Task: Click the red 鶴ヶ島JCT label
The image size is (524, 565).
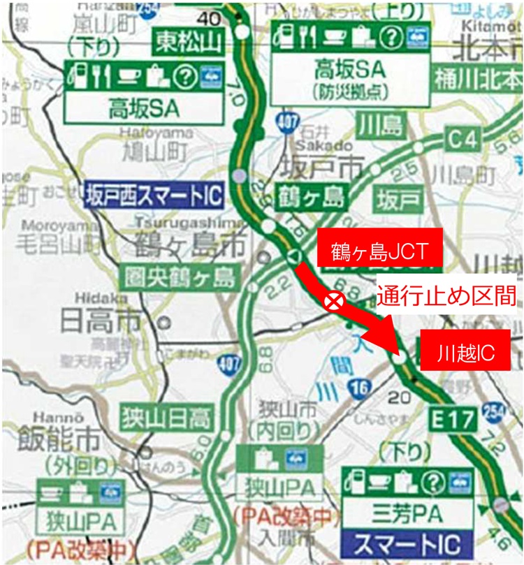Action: click(379, 247)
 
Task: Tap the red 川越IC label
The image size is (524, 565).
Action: click(465, 353)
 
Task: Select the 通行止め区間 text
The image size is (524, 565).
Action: click(447, 296)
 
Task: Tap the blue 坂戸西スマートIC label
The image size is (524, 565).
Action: click(153, 196)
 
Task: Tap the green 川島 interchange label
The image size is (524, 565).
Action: click(381, 126)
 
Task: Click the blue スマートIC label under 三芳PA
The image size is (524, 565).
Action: click(407, 543)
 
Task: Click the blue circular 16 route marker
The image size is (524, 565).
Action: click(361, 390)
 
